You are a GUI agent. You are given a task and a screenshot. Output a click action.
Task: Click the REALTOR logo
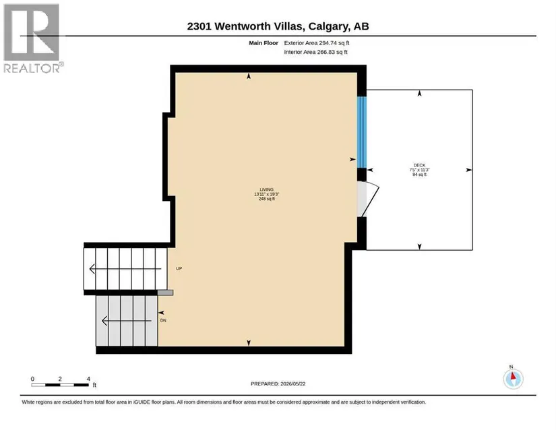[32, 38]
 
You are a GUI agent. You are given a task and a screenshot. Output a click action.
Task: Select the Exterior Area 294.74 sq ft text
[317, 43]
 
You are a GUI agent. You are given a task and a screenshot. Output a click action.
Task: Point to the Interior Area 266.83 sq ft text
[315, 52]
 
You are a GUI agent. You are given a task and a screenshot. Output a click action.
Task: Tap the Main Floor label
[264, 43]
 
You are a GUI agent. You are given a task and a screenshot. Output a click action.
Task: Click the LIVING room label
[267, 189]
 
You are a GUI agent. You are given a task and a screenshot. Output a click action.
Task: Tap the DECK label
[419, 165]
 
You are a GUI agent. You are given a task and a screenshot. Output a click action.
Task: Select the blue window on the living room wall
[362, 132]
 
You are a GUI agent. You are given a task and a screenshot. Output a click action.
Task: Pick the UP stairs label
[179, 268]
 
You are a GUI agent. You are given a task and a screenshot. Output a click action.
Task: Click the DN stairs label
[163, 320]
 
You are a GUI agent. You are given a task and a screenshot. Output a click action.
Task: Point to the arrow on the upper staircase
[125, 269]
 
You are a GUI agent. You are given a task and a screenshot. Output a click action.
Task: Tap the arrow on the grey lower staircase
[127, 321]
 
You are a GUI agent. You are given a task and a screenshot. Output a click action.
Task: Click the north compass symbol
[513, 378]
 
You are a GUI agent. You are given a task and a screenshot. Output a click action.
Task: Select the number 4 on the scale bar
[88, 379]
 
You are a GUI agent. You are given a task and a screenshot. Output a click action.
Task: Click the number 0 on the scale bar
[32, 379]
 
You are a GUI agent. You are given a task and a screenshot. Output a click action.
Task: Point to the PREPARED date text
[278, 383]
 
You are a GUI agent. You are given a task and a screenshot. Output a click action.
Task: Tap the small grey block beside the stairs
[165, 293]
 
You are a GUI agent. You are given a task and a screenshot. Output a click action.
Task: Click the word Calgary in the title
[328, 26]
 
